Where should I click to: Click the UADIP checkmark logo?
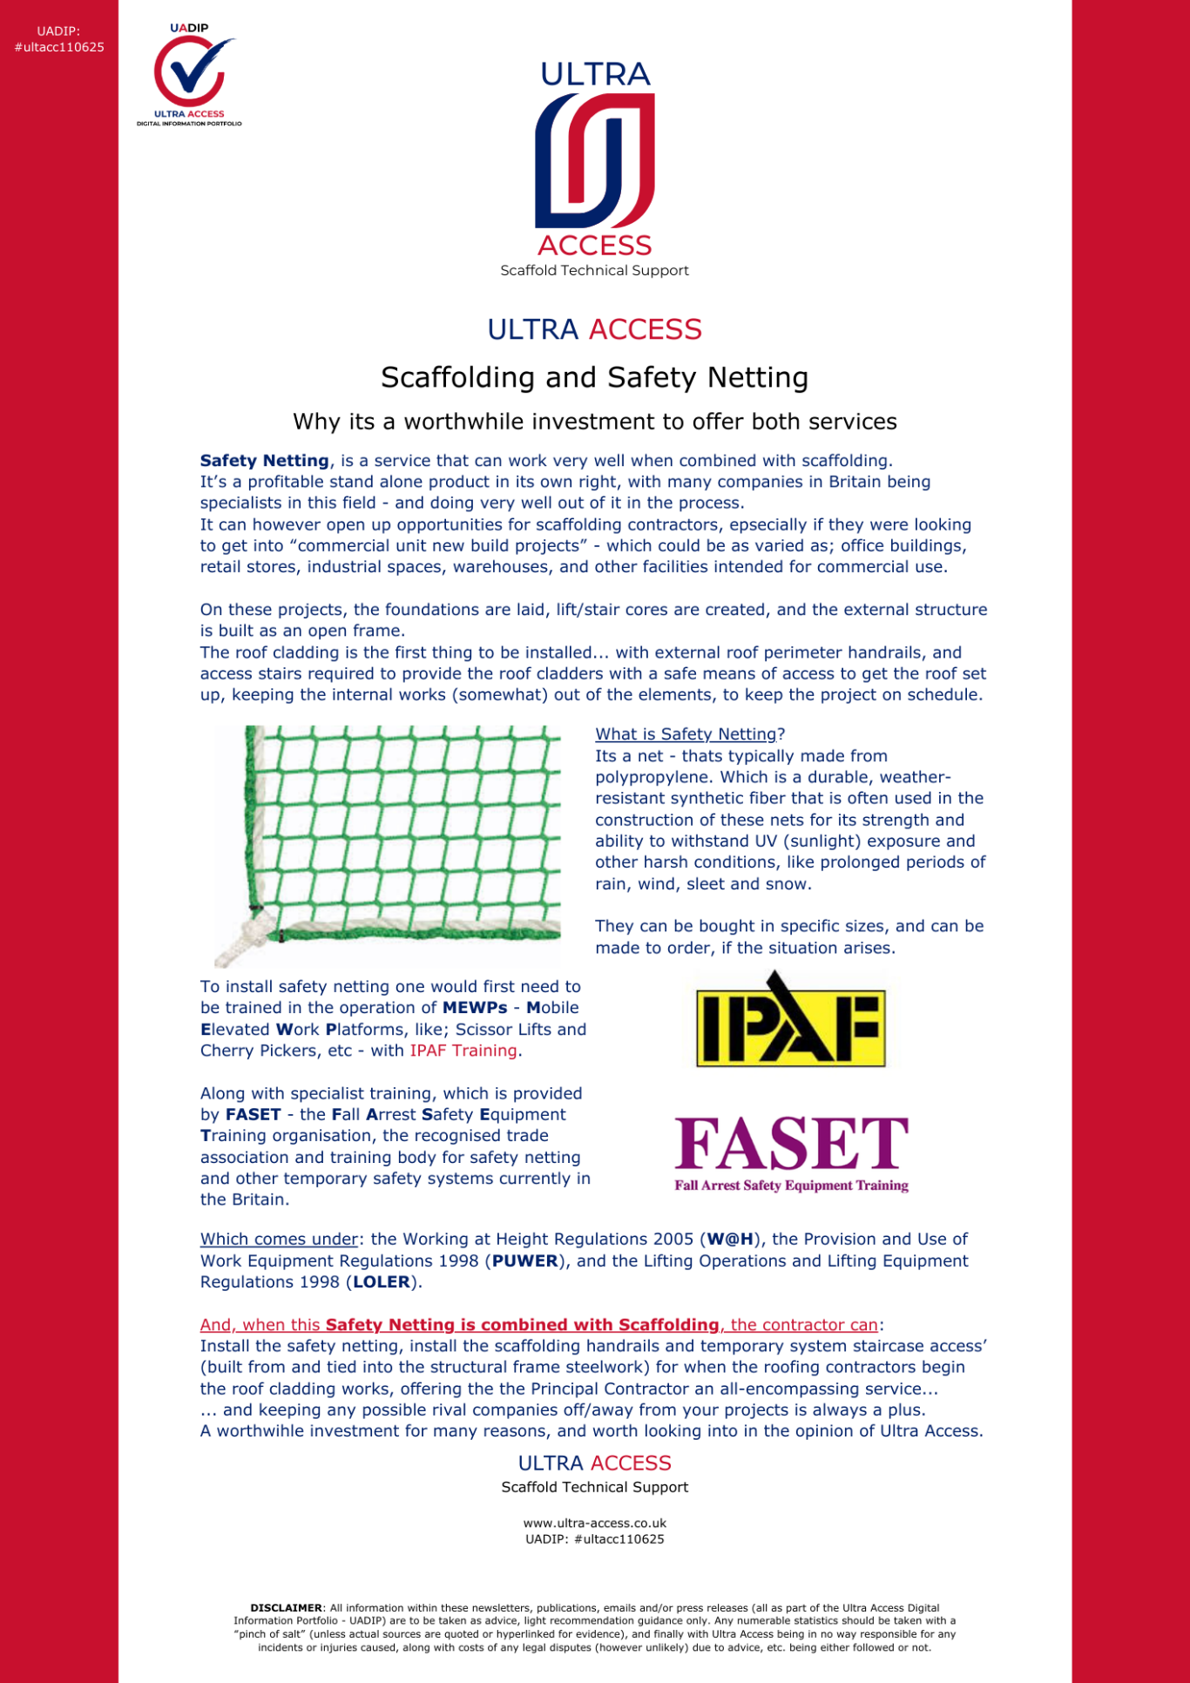click(x=189, y=73)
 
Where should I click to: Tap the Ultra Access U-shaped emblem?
click(x=594, y=160)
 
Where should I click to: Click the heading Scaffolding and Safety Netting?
click(x=594, y=377)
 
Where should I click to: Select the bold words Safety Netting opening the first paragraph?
click(x=264, y=461)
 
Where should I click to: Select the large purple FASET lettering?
click(x=791, y=1143)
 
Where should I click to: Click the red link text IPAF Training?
click(x=463, y=1051)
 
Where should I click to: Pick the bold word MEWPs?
click(x=475, y=1008)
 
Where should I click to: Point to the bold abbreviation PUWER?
click(x=524, y=1261)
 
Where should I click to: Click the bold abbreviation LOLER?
click(x=382, y=1282)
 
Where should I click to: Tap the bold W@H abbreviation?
click(x=729, y=1239)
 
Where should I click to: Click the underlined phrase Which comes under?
click(x=279, y=1239)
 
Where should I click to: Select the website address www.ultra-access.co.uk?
click(x=594, y=1524)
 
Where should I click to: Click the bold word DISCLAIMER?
click(x=286, y=1608)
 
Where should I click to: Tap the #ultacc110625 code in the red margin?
click(x=59, y=47)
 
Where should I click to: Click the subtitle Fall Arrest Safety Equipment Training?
click(x=791, y=1186)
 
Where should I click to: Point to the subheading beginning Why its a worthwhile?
click(x=594, y=422)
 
